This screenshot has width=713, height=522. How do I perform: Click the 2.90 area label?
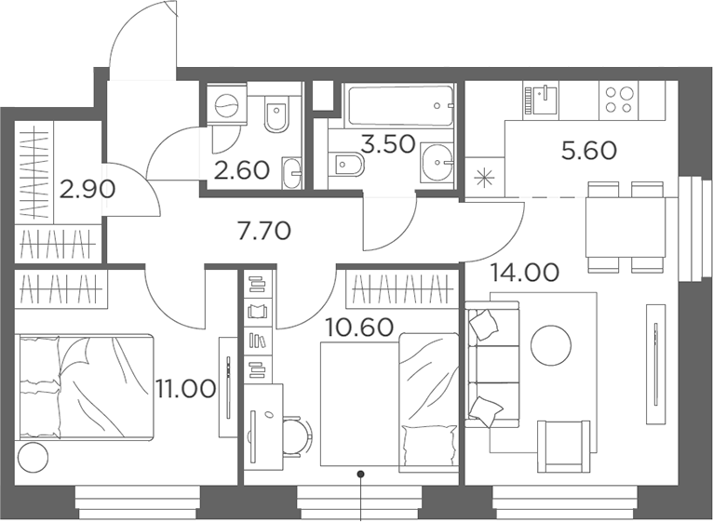[87, 190]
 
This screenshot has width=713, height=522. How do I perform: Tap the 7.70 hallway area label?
[263, 231]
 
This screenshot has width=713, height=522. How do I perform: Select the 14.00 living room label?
[524, 273]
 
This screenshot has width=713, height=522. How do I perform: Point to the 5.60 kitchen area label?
[589, 151]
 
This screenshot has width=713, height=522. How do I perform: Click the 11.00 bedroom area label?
[185, 389]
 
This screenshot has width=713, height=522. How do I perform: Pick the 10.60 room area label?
[359, 328]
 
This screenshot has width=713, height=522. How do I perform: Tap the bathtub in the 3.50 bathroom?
[400, 105]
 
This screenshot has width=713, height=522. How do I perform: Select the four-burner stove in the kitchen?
[619, 100]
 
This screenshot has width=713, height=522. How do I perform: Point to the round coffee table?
[551, 344]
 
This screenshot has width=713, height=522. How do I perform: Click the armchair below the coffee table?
[563, 447]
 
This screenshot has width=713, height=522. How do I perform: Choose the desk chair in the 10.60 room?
[296, 436]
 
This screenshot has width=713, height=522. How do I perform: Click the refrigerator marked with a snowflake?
[485, 177]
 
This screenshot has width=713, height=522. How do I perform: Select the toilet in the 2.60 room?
[276, 114]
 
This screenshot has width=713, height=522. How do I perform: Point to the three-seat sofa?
[492, 364]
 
